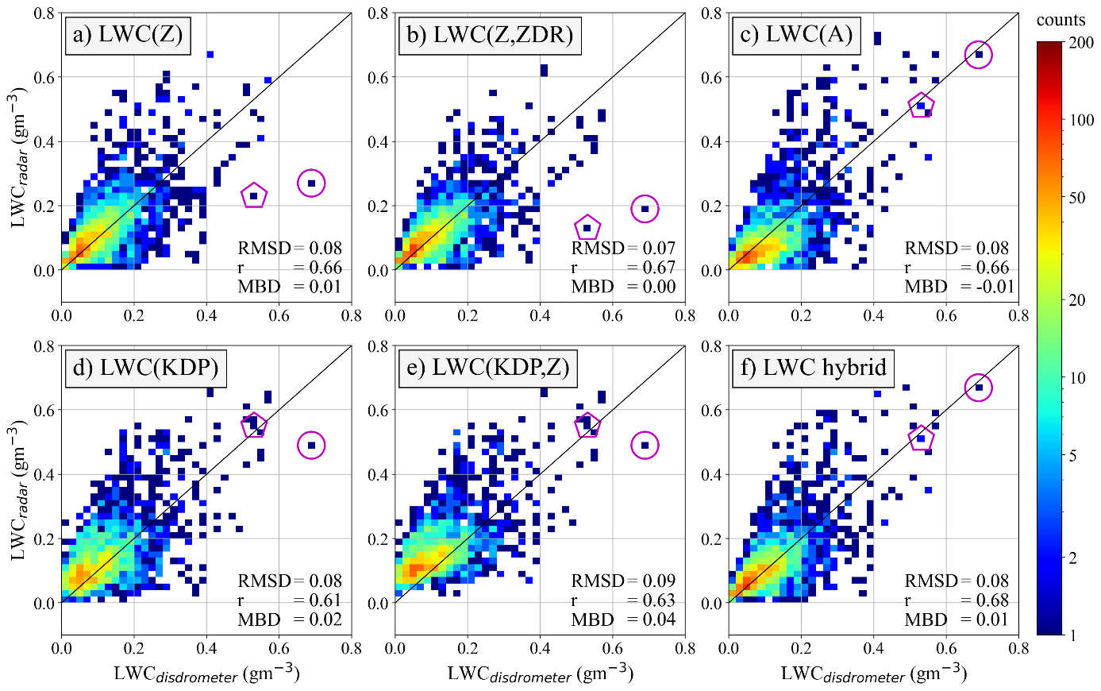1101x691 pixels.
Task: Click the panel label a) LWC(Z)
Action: (x=127, y=35)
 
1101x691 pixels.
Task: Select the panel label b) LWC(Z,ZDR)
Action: (x=489, y=35)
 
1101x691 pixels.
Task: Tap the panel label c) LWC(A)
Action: (x=795, y=35)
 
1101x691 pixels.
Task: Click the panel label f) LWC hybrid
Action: (x=812, y=369)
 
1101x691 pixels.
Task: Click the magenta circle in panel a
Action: (x=311, y=183)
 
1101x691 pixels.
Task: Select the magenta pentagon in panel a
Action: (x=254, y=195)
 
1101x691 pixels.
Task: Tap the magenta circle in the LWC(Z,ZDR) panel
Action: (x=645, y=209)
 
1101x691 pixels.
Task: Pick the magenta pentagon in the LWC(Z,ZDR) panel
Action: (x=587, y=228)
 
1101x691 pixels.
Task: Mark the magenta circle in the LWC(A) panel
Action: (x=978, y=54)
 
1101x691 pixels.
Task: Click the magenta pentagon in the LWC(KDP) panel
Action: (x=254, y=425)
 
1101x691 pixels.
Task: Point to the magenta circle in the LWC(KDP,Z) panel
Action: (x=645, y=446)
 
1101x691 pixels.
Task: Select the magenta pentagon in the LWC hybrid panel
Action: (x=921, y=438)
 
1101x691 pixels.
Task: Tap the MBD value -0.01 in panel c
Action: (x=995, y=287)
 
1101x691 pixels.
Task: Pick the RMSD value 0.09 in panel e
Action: (x=659, y=581)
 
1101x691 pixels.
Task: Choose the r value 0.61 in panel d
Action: (x=325, y=600)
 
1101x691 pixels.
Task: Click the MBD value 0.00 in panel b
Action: (x=659, y=287)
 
